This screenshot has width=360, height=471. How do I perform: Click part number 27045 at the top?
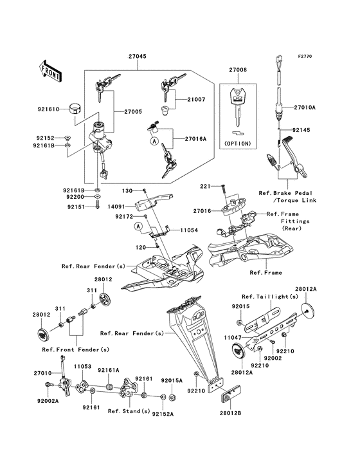138,56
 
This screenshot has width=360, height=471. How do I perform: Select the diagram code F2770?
305,56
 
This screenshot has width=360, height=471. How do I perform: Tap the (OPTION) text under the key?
238,143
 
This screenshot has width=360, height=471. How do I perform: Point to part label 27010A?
305,107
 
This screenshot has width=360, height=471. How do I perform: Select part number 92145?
301,130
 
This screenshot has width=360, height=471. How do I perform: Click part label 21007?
196,100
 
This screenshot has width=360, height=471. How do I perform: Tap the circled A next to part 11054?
138,226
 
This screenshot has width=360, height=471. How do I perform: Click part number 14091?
116,207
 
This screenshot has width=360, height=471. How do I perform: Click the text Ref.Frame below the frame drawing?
265,273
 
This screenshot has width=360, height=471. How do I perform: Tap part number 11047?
233,338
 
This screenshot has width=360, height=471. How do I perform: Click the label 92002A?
48,401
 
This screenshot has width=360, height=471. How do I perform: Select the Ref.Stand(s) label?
129,411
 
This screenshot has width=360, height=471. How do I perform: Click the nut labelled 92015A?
172,398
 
